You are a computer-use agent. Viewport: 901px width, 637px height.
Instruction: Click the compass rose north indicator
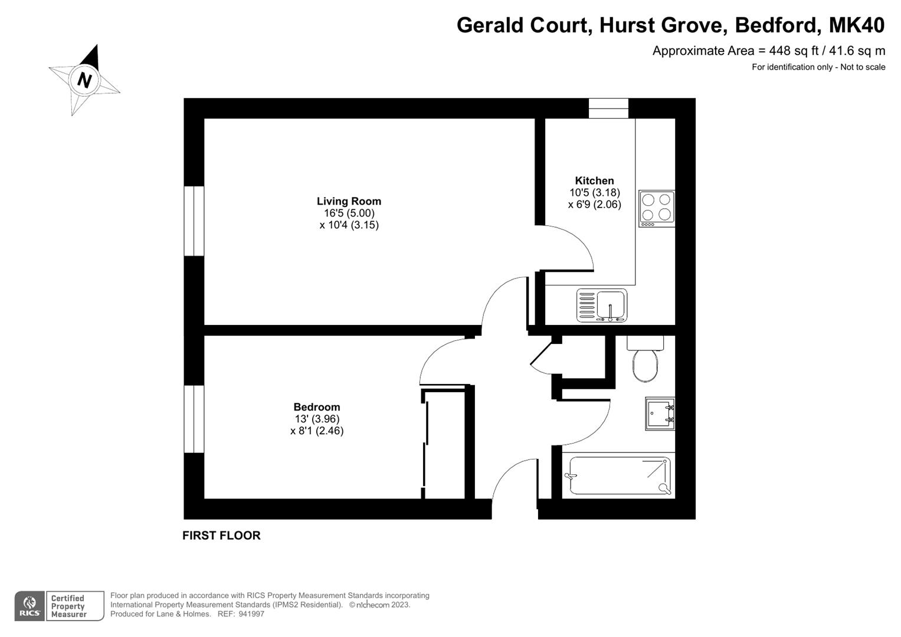point(84,80)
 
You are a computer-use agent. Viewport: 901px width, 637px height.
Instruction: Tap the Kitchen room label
point(594,180)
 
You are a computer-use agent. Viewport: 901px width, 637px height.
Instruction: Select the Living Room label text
point(349,201)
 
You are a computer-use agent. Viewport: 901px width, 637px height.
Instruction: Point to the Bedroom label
point(317,407)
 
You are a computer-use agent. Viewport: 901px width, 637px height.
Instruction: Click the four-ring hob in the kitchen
point(657,208)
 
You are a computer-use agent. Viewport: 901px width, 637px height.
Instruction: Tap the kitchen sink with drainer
point(602,305)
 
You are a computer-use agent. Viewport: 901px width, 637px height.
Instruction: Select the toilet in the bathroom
point(645,360)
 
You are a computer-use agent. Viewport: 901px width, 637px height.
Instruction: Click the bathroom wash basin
point(660,413)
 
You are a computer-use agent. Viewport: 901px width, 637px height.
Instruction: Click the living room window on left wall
point(194,221)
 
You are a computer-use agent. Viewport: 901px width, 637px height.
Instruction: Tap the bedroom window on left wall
point(194,419)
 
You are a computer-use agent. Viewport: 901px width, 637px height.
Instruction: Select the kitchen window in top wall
point(608,108)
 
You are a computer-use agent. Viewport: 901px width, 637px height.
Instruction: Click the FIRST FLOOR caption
point(221,536)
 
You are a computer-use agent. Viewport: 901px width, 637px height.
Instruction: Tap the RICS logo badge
point(30,606)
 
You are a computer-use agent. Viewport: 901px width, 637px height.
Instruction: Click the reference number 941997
point(251,614)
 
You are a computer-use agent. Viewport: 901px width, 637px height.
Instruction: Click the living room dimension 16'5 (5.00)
point(349,213)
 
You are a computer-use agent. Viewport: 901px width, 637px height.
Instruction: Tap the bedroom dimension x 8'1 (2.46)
point(317,431)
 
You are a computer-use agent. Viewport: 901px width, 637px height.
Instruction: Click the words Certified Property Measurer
point(68,606)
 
